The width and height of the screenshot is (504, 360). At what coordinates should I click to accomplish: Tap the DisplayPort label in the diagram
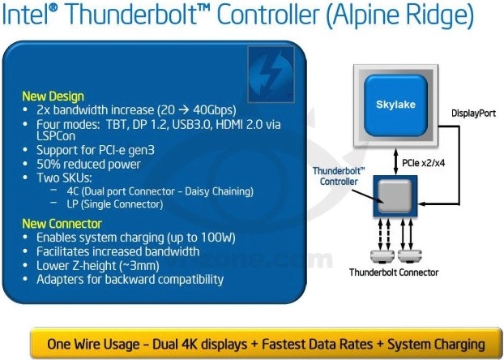(x=473, y=114)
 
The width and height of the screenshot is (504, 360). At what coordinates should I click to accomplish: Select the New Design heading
(x=53, y=96)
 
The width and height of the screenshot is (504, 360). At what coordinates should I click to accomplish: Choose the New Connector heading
(x=62, y=223)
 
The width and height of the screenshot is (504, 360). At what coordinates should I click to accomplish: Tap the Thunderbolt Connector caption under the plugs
(x=395, y=272)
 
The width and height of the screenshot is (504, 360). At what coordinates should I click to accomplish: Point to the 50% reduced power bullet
(x=83, y=165)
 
